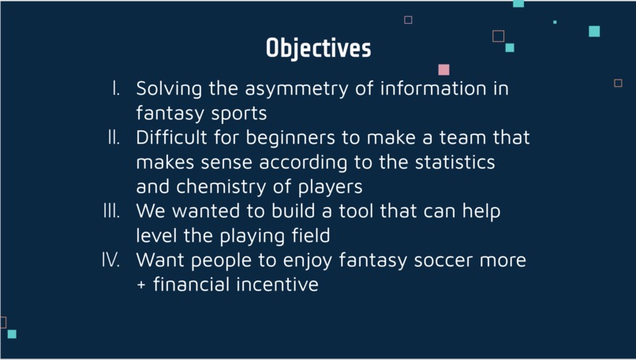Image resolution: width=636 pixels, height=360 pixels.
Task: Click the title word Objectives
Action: (x=318, y=48)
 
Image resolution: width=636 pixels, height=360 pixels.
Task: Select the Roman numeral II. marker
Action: (x=114, y=137)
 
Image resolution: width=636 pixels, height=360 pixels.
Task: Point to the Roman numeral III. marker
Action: (x=111, y=211)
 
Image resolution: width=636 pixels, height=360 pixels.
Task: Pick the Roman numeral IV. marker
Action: (x=110, y=260)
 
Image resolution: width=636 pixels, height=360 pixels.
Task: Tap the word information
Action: (x=428, y=88)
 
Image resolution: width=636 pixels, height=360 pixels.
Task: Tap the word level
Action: (x=155, y=235)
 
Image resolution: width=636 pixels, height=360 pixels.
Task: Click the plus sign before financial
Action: (x=141, y=285)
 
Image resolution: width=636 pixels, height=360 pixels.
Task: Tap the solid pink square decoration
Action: (x=443, y=69)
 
